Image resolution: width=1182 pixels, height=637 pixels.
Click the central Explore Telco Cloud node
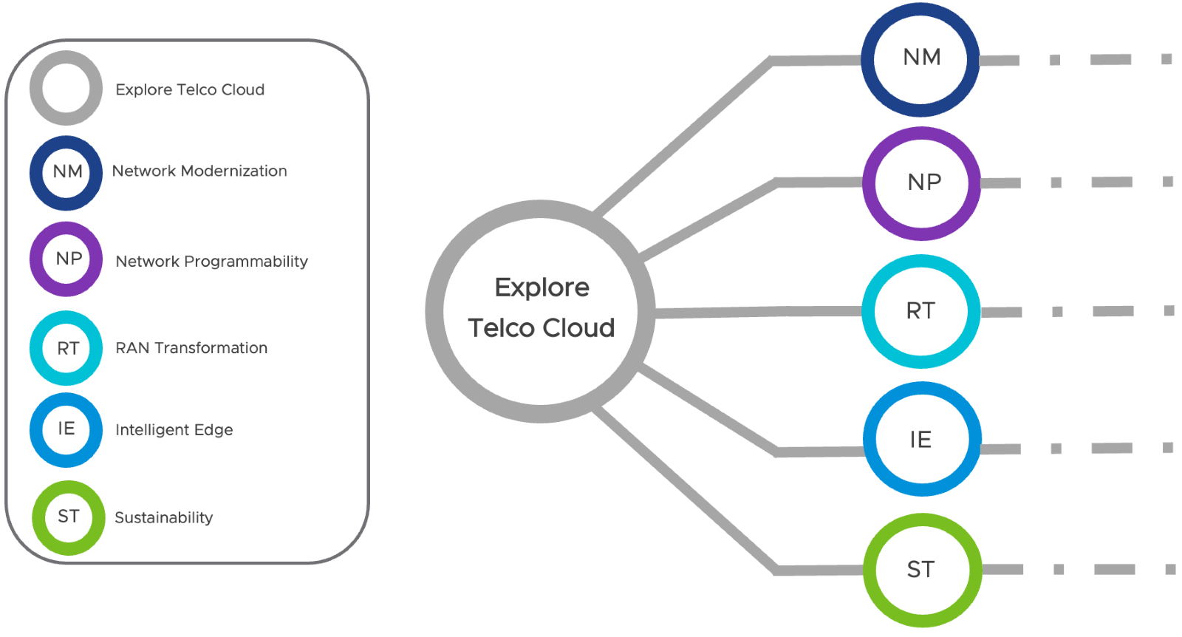pyautogui.click(x=540, y=311)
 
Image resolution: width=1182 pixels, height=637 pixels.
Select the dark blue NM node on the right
pyautogui.click(x=920, y=59)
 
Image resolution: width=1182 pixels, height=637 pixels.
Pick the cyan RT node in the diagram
pyautogui.click(x=921, y=311)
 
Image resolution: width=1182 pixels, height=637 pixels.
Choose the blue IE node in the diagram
pyautogui.click(x=922, y=439)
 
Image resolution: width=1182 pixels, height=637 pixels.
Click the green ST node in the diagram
pyautogui.click(x=922, y=570)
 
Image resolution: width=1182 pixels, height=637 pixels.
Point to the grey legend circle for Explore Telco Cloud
pyautogui.click(x=66, y=88)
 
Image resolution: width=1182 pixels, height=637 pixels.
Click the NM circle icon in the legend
pyautogui.click(x=66, y=172)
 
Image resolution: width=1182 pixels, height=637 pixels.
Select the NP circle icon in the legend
pyautogui.click(x=66, y=259)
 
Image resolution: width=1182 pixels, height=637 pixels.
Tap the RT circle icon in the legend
pyautogui.click(x=66, y=348)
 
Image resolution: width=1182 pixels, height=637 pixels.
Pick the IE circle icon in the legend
pyautogui.click(x=66, y=429)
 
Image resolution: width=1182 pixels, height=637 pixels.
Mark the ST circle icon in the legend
pyautogui.click(x=68, y=517)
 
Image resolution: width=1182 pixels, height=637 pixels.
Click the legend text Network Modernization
pyautogui.click(x=199, y=171)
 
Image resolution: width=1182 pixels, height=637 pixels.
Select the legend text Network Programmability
pyautogui.click(x=211, y=262)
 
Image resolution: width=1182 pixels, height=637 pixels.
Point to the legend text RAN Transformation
pyautogui.click(x=191, y=348)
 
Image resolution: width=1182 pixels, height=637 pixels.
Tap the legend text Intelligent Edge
pyautogui.click(x=174, y=430)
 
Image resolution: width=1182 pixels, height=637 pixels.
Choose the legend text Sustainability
pyautogui.click(x=164, y=518)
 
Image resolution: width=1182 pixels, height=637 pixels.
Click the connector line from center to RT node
pyautogui.click(x=757, y=313)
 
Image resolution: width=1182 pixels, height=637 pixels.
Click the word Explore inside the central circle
pyautogui.click(x=542, y=287)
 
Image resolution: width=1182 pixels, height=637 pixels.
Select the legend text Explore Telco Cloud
pyautogui.click(x=190, y=90)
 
